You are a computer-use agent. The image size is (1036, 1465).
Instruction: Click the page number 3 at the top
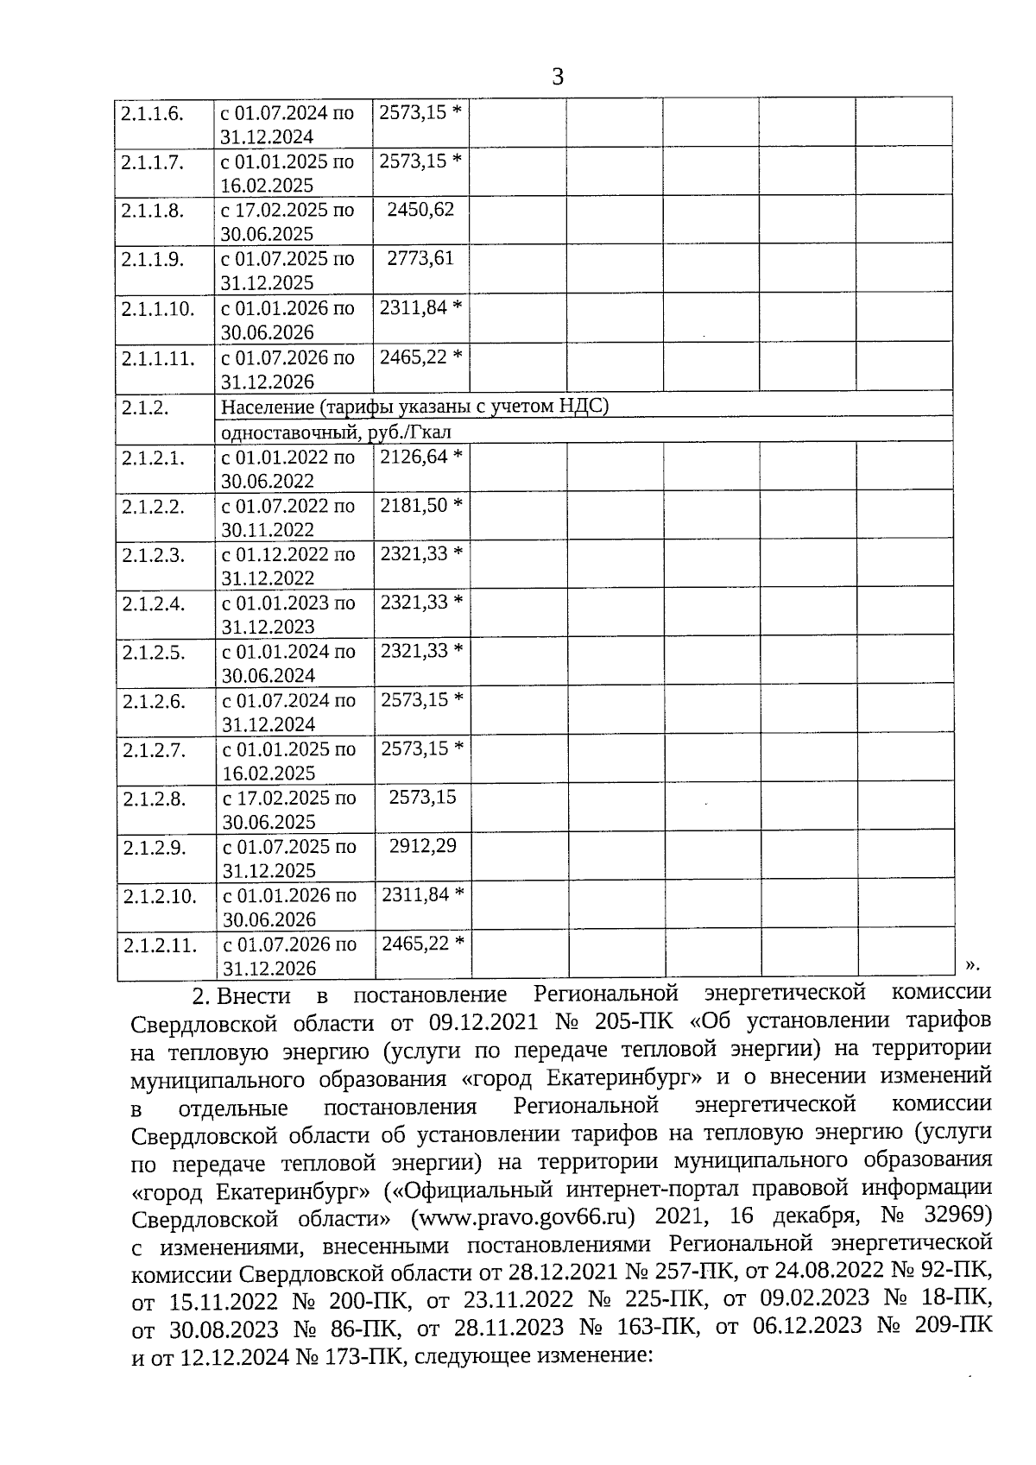pyautogui.click(x=557, y=78)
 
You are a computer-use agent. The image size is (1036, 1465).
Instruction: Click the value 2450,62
pyautogui.click(x=420, y=209)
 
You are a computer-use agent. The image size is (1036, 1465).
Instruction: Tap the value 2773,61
pyautogui.click(x=420, y=258)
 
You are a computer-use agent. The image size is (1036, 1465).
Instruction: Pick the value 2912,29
pyautogui.click(x=422, y=845)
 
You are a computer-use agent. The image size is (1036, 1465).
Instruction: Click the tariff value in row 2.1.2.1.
pyautogui.click(x=421, y=456)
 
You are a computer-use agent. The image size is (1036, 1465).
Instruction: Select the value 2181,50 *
pyautogui.click(x=421, y=505)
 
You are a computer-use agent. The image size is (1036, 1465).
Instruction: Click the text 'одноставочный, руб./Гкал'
pyautogui.click(x=336, y=432)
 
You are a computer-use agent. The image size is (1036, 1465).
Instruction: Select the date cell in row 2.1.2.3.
pyautogui.click(x=289, y=566)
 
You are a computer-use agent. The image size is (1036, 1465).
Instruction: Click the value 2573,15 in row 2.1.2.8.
pyautogui.click(x=422, y=797)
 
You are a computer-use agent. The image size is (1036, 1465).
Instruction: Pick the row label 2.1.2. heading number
pyautogui.click(x=145, y=407)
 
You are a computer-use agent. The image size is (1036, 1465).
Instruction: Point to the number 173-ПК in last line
pyautogui.click(x=365, y=1358)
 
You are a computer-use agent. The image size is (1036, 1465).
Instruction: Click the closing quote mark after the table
pyautogui.click(x=972, y=963)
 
